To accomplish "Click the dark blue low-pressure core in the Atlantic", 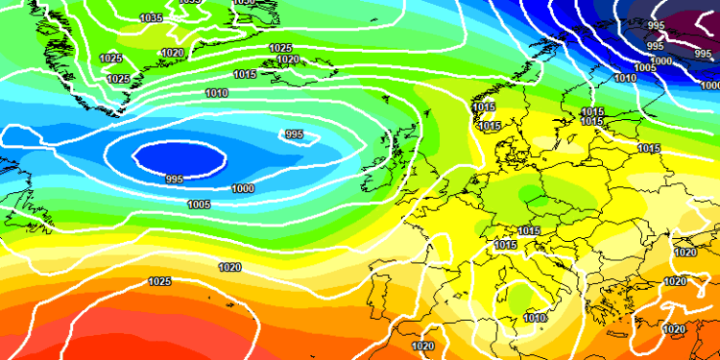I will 180,156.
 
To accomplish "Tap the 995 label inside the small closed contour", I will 294,134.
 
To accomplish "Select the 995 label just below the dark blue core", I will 174,180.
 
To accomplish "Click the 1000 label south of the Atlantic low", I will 243,189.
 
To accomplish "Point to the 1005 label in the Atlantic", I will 199,204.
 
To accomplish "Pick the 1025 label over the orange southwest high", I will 160,281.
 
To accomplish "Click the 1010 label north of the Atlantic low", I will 217,93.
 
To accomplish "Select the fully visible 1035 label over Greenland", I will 151,18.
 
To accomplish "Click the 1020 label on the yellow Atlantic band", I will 230,268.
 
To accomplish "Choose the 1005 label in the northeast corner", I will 646,67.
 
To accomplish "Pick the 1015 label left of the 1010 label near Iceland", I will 245,74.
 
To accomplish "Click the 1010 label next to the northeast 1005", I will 625,78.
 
